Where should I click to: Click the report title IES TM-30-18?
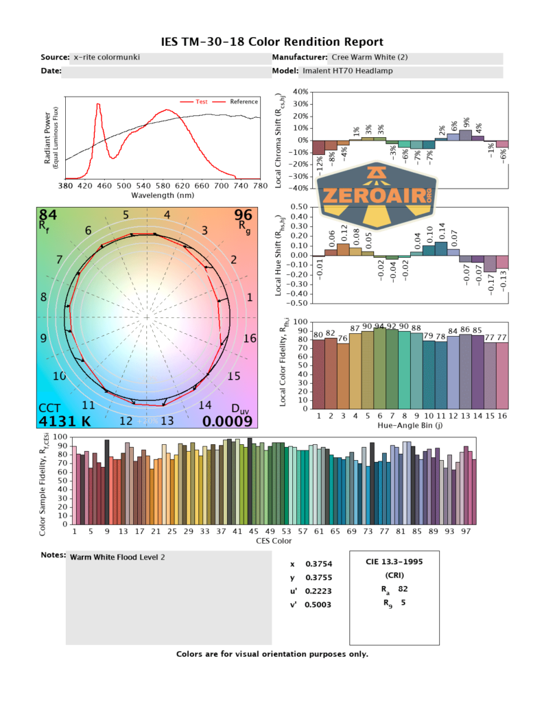[x=272, y=42]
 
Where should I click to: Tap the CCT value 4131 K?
[x=65, y=421]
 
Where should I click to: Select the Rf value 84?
[x=47, y=216]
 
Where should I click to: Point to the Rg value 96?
[x=244, y=216]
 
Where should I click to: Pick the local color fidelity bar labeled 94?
[x=379, y=367]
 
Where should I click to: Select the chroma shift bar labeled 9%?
[x=466, y=134]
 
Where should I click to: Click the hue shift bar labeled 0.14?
[x=440, y=248]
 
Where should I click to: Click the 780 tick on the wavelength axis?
[x=260, y=185]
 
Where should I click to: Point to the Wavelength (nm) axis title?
[x=163, y=195]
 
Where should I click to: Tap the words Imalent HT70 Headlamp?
[x=347, y=71]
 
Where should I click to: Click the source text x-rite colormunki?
[x=106, y=58]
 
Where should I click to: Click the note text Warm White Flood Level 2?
[x=117, y=557]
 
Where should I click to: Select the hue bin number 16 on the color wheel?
[x=250, y=339]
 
